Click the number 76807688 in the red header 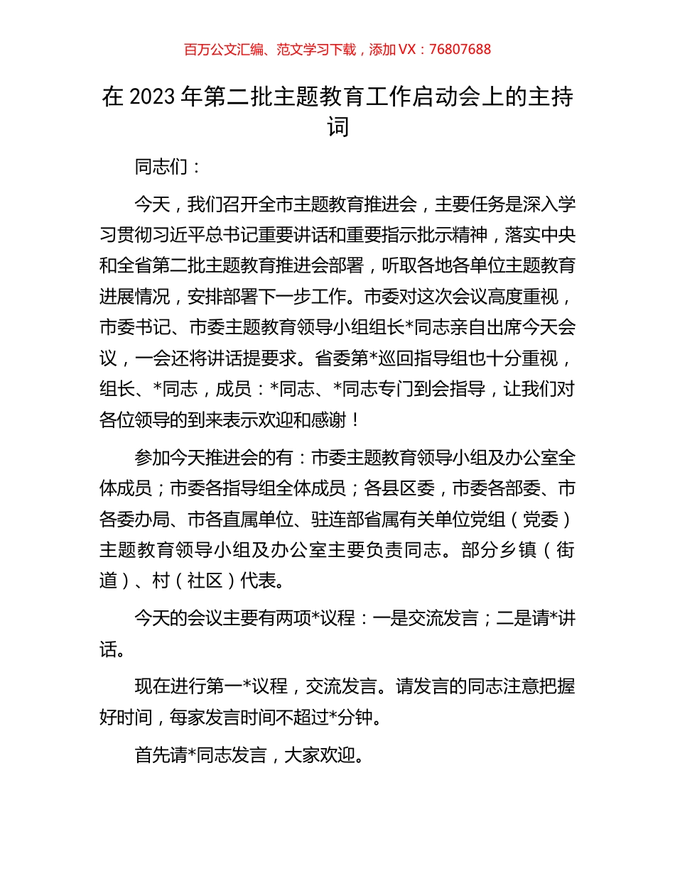pyautogui.click(x=460, y=50)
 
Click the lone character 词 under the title pyautogui.click(x=337, y=128)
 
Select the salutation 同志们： pyautogui.click(x=160, y=168)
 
